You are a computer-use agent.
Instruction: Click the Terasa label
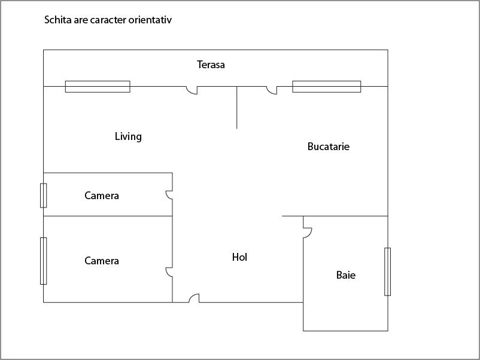(x=211, y=65)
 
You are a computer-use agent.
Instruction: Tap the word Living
(x=128, y=136)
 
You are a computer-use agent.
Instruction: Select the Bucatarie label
(x=329, y=147)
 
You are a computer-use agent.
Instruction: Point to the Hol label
(x=239, y=257)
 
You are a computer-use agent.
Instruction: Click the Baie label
(x=346, y=275)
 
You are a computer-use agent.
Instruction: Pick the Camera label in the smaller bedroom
(x=102, y=196)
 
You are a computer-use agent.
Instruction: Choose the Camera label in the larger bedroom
(x=102, y=261)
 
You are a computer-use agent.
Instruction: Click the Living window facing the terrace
(x=98, y=87)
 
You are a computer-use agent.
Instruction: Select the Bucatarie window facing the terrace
(x=327, y=87)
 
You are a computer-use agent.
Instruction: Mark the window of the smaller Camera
(x=44, y=196)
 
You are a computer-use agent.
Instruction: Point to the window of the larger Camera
(x=44, y=261)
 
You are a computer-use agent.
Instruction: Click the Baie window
(x=388, y=271)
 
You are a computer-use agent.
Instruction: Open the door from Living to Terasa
(x=192, y=90)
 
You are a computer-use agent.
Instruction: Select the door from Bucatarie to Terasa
(x=272, y=90)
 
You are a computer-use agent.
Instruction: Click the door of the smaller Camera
(x=169, y=195)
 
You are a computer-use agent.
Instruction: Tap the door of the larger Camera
(x=169, y=272)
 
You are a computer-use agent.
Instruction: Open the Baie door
(x=308, y=233)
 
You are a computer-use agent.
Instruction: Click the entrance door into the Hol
(x=194, y=298)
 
